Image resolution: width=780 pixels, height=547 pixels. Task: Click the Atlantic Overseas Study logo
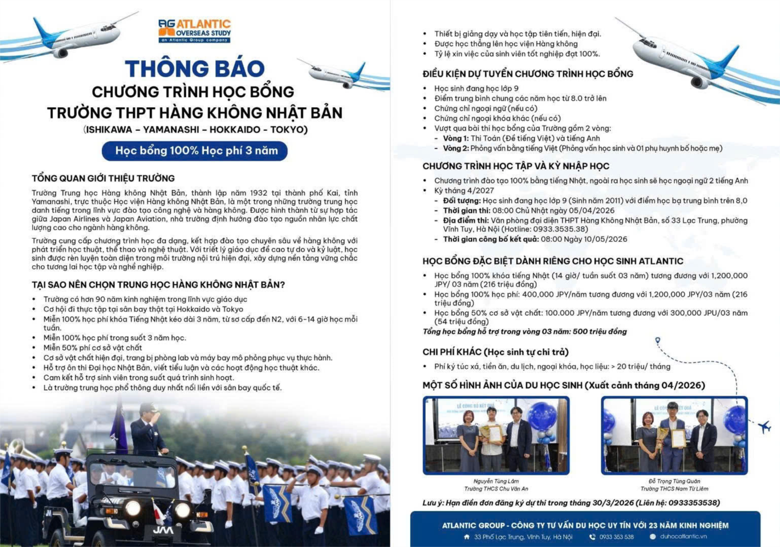pos(194,31)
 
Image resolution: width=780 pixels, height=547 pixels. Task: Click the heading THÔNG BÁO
pos(194,69)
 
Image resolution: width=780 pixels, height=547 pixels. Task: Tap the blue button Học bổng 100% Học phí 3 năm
pos(195,151)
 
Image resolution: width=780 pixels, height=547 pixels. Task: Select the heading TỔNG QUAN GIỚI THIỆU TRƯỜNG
pos(103,178)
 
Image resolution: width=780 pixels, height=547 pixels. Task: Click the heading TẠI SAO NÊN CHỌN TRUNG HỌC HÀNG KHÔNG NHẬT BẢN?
pos(158,285)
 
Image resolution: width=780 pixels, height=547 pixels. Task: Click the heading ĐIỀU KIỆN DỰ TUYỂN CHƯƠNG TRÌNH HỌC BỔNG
pos(527,74)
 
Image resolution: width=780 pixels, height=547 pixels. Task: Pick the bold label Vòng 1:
pos(456,138)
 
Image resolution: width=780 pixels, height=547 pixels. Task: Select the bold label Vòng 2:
pos(456,148)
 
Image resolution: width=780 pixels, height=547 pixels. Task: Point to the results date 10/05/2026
pos(599,239)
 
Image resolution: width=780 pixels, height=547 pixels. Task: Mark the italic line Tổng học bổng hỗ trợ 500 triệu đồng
pos(524,331)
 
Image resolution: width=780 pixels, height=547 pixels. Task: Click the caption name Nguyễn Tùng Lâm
pos(496,481)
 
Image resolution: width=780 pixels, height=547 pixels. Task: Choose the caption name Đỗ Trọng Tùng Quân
pos(674,481)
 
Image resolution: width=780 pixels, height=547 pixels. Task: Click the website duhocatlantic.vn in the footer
pos(683,537)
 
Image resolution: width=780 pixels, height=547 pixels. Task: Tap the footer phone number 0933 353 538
pos(616,537)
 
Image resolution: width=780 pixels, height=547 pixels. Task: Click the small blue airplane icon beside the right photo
pos(765,426)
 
